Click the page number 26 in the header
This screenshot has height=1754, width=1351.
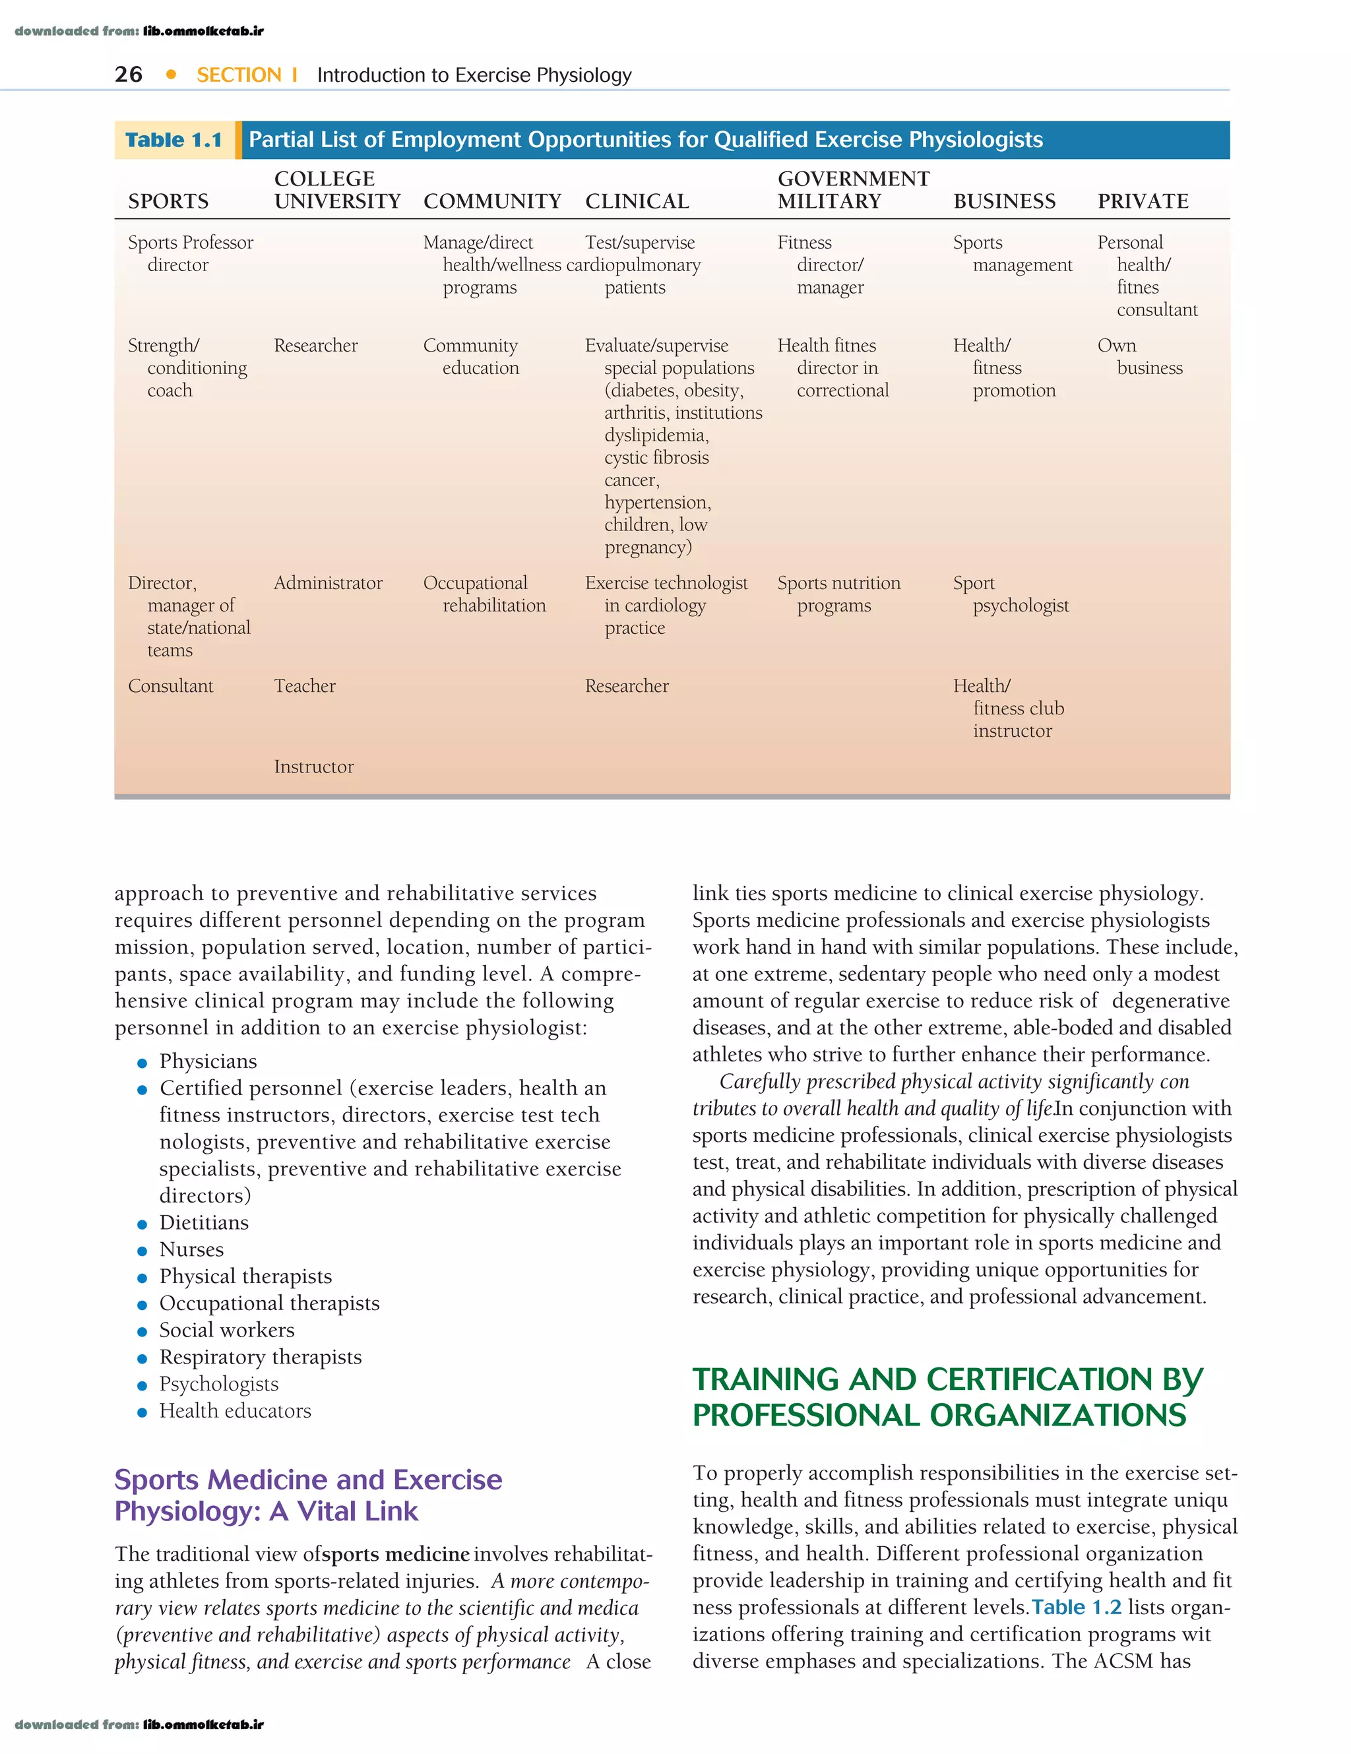pyautogui.click(x=129, y=75)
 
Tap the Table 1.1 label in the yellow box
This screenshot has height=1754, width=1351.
pyautogui.click(x=173, y=141)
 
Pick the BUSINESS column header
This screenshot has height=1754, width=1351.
pyautogui.click(x=1004, y=202)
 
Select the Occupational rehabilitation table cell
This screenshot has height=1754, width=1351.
pyautogui.click(x=484, y=594)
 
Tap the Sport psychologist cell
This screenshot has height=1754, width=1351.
pyautogui.click(x=1011, y=594)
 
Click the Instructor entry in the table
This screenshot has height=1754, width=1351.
pyautogui.click(x=313, y=767)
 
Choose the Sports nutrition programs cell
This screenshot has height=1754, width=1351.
pyautogui.click(x=838, y=594)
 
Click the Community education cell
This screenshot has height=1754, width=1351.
pyautogui.click(x=472, y=357)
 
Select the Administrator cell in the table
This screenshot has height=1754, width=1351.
pyautogui.click(x=328, y=583)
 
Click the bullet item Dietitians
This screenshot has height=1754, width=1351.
pyautogui.click(x=204, y=1222)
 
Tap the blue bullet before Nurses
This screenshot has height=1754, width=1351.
pyautogui.click(x=142, y=1251)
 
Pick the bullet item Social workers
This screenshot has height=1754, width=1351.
pyautogui.click(x=226, y=1330)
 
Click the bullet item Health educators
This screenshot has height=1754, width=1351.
pyautogui.click(x=235, y=1410)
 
